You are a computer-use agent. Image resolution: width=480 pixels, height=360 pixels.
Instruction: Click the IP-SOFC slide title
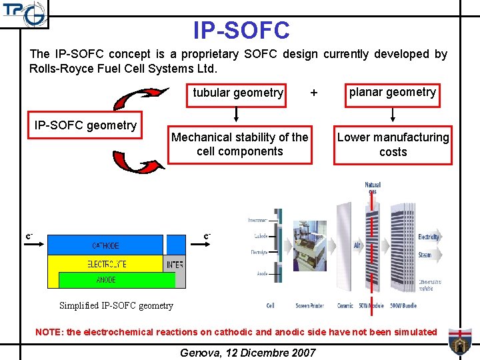point(241,30)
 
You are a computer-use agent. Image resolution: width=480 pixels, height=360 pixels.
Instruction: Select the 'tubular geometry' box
point(238,93)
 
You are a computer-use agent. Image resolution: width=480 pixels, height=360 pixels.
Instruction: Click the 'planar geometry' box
point(392,92)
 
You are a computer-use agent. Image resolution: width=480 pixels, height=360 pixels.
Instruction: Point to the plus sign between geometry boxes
point(314,93)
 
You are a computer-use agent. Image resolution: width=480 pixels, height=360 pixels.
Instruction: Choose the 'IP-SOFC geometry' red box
point(85,125)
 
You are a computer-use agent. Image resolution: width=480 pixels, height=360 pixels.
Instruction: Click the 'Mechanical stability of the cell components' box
point(240,144)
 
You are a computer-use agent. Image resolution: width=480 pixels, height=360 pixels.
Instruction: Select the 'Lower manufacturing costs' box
point(393,145)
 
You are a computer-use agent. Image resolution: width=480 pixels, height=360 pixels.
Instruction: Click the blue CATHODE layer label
point(105,245)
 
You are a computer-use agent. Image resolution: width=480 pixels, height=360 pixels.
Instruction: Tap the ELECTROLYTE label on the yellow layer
point(107,264)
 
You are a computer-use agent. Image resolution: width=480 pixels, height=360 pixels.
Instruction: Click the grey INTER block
point(175,265)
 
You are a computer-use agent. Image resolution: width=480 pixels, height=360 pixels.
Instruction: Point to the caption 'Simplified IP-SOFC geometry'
point(116,306)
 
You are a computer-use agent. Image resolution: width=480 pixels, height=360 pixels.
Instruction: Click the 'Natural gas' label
point(373,187)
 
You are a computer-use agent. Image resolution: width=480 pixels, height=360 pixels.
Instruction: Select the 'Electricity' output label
point(429,237)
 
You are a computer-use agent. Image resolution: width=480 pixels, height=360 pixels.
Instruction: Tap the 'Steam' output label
point(425,255)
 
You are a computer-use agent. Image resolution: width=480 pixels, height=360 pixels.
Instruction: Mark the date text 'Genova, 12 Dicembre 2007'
point(248,352)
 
